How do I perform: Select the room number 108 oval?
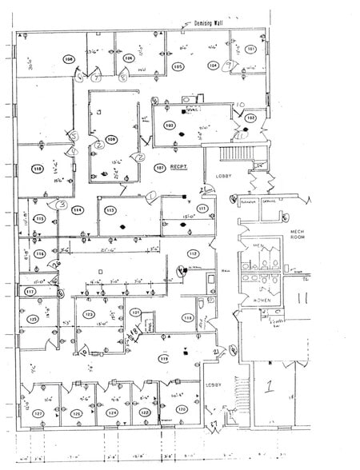pyautogui.click(x=69, y=58)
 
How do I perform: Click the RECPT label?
pyautogui.click(x=178, y=168)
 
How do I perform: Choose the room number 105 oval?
pyautogui.click(x=178, y=66)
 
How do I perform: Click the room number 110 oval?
pyautogui.click(x=37, y=169)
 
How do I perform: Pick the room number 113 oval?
pyautogui.click(x=110, y=210)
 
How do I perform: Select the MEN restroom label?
pyautogui.click(x=258, y=245)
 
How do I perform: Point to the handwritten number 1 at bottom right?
pyautogui.click(x=269, y=387)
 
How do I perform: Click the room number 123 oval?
pyautogui.click(x=89, y=314)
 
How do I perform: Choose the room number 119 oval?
pyautogui.click(x=164, y=359)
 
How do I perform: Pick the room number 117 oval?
pyautogui.click(x=30, y=292)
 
